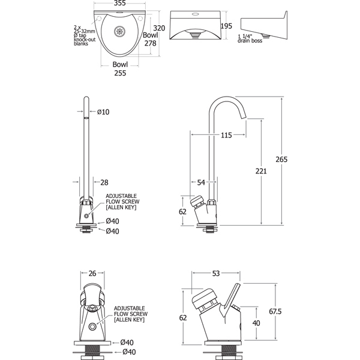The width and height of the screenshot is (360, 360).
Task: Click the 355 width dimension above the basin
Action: (119, 3)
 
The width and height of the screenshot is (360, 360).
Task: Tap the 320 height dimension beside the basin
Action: (159, 28)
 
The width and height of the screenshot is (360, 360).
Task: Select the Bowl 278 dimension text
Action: (151, 39)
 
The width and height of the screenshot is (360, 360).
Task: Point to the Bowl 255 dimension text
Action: (120, 68)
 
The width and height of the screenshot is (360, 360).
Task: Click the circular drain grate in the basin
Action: (119, 31)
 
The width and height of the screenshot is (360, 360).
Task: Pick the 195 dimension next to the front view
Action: (226, 26)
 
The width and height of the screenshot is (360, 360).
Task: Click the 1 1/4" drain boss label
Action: (250, 38)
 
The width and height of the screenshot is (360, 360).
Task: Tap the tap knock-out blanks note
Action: (85, 35)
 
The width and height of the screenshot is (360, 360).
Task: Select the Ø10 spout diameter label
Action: (103, 112)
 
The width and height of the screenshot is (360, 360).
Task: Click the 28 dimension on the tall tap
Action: (104, 182)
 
